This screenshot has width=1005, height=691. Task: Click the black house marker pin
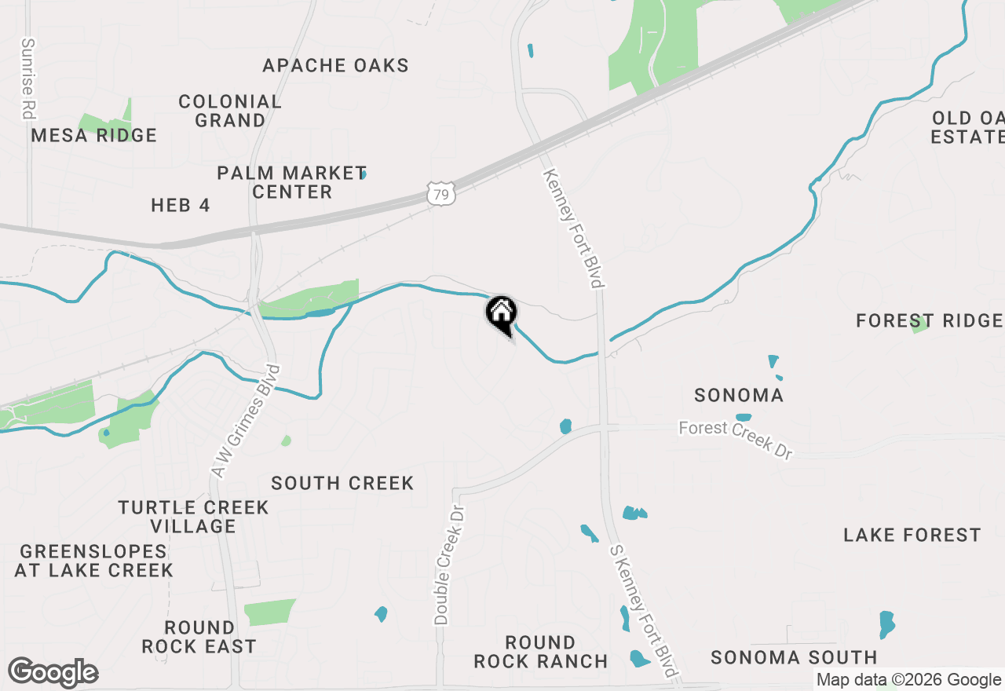[501, 314]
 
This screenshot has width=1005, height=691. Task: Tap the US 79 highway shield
[442, 193]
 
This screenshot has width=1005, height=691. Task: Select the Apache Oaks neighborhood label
[335, 65]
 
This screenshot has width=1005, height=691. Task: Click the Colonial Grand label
[230, 111]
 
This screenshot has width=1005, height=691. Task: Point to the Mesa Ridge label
[94, 136]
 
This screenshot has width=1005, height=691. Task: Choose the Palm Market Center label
[292, 182]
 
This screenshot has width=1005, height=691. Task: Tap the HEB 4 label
[181, 206]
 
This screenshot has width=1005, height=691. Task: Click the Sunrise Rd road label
[28, 79]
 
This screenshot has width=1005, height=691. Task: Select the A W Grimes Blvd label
[246, 421]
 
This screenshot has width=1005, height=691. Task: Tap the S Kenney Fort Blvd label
[643, 612]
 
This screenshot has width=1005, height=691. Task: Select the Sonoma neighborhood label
[739, 395]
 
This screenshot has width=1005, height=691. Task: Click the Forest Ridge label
[930, 320]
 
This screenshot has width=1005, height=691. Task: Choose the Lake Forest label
[912, 535]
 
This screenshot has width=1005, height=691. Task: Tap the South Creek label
[342, 483]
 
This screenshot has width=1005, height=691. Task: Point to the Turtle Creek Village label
[193, 517]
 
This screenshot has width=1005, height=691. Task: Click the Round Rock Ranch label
[541, 653]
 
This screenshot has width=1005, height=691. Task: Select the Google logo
[53, 673]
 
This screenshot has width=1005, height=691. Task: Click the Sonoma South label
[794, 657]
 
